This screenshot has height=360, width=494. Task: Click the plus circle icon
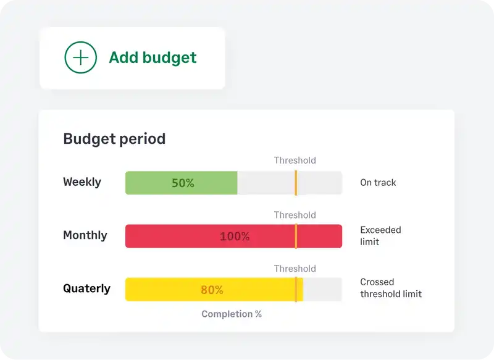point(81,57)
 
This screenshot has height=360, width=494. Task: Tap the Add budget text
point(153,57)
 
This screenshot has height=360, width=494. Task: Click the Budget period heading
point(114,138)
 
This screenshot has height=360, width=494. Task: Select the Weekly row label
point(82,182)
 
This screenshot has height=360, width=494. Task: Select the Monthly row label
point(85,235)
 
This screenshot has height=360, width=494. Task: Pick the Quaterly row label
point(87,288)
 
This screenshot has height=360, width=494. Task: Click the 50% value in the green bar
point(183,183)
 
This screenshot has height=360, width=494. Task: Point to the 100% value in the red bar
point(235,237)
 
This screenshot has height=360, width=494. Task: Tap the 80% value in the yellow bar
point(212,290)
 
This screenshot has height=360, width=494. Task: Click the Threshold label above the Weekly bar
point(295,161)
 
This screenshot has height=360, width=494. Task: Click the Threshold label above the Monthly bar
point(295,215)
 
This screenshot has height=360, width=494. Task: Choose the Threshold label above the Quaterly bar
point(295,269)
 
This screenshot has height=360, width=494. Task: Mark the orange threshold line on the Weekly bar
point(296,183)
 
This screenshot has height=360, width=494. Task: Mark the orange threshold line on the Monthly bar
point(296,237)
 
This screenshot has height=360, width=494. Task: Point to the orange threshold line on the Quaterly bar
point(296,290)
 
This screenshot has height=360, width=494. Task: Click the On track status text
point(378,183)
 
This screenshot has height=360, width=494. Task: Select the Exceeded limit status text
point(380,236)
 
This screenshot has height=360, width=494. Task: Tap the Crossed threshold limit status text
point(391,288)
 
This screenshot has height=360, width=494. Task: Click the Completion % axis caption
point(232,314)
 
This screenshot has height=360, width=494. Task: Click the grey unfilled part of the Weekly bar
point(266,183)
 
